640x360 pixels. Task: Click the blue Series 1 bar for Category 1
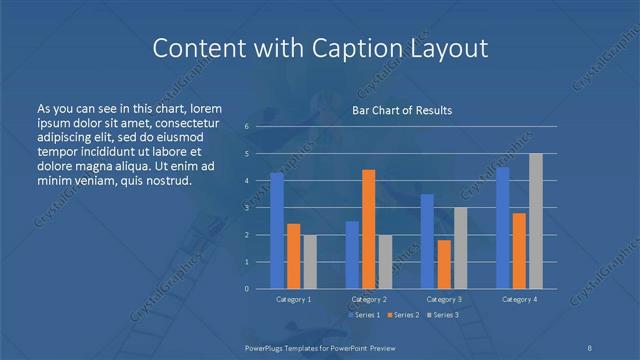tap(277, 230)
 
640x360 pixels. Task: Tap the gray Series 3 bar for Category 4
tap(536, 221)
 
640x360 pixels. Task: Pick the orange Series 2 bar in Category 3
tap(443, 264)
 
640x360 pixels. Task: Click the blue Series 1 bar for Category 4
tap(502, 228)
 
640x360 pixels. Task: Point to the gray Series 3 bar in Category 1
tap(310, 262)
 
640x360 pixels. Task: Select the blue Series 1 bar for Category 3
tap(427, 241)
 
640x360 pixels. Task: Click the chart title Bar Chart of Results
tap(401, 110)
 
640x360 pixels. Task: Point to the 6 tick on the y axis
tap(246, 127)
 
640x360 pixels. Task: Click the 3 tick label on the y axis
tap(246, 208)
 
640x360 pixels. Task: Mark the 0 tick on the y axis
tap(246, 289)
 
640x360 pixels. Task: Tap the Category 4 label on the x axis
tap(519, 299)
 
